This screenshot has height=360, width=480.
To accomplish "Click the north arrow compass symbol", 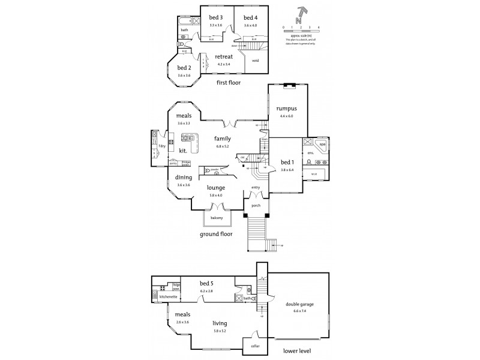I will click(301, 14).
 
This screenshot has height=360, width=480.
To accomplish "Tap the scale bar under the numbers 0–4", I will click(301, 31).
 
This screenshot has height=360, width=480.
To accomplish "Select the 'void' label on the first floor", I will click(256, 61).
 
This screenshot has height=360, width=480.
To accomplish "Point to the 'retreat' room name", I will click(224, 56).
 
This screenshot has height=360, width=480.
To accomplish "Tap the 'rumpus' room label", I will click(287, 109).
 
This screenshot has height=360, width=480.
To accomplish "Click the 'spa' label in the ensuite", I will click(322, 144).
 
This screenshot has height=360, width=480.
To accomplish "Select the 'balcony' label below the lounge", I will click(217, 217).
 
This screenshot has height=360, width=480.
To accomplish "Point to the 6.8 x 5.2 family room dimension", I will click(223, 145).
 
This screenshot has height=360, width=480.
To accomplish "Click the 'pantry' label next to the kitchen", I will click(172, 162).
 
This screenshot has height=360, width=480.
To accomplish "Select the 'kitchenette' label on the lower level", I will click(167, 297).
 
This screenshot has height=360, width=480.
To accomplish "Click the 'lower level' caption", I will click(299, 350).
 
